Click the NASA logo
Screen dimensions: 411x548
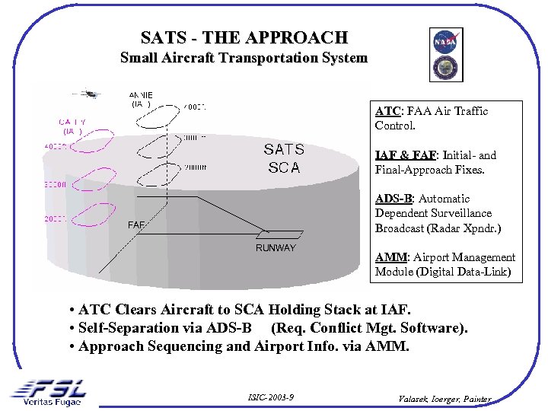click(444, 41)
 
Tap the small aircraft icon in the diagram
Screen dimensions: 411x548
click(91, 94)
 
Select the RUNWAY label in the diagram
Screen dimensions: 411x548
click(276, 248)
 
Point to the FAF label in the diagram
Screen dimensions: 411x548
click(136, 225)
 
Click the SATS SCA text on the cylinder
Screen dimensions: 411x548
click(284, 158)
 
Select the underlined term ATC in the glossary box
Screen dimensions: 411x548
click(386, 111)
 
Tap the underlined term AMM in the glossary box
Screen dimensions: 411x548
click(388, 257)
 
